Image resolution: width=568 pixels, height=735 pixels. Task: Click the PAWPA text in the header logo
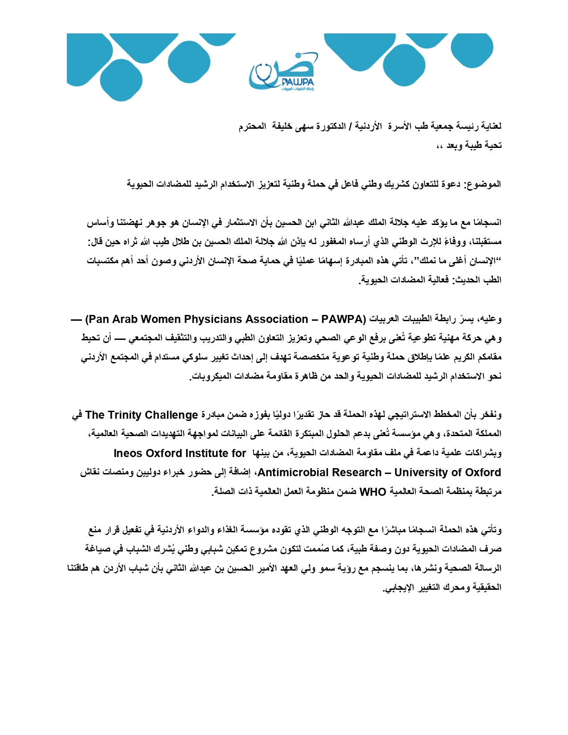tap(298, 82)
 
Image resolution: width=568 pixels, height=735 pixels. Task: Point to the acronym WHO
tap(372, 492)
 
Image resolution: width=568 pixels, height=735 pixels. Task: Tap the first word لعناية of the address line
tap(490, 127)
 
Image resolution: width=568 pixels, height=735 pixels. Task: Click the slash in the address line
tap(350, 127)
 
